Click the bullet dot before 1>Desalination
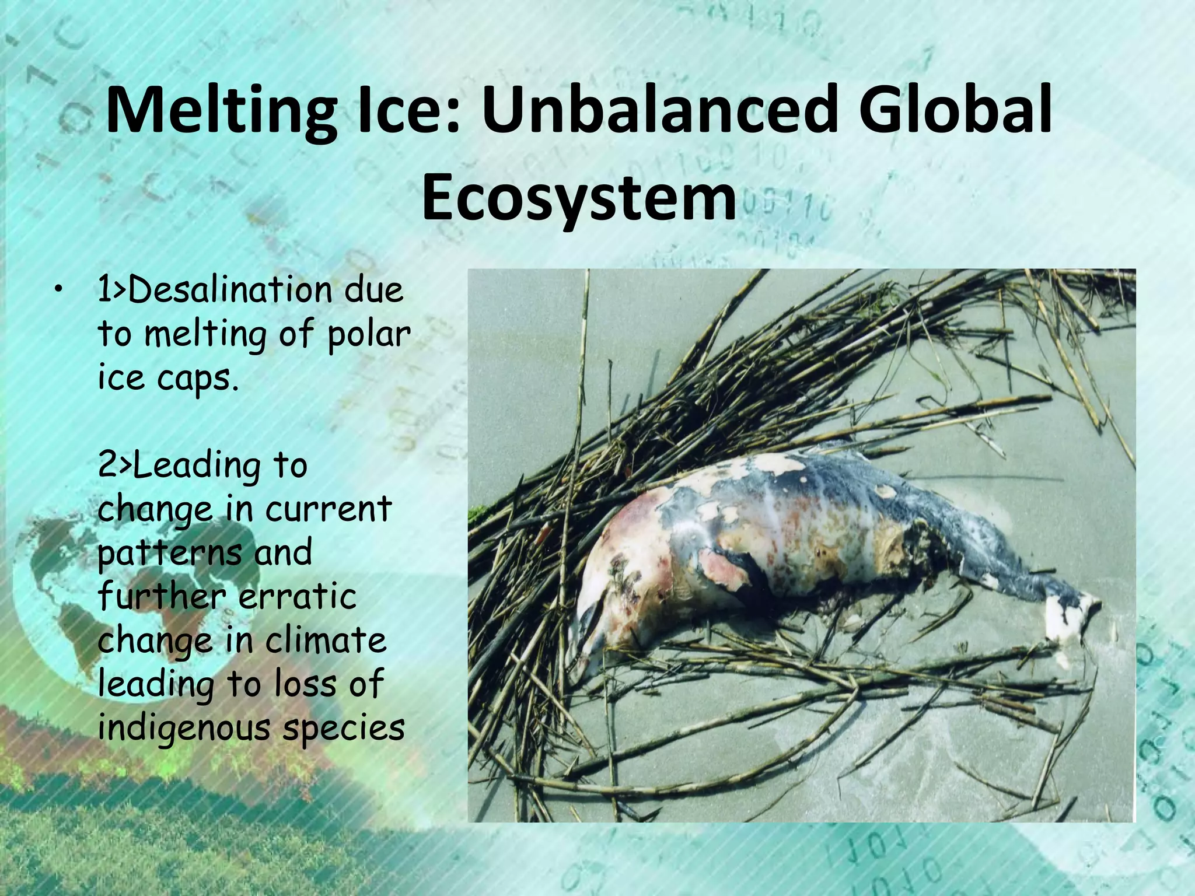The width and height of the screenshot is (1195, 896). pyautogui.click(x=57, y=290)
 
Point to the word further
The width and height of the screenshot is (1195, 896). pyautogui.click(x=161, y=597)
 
